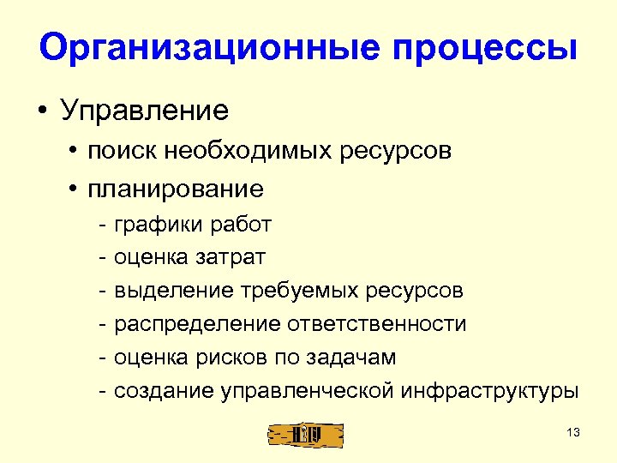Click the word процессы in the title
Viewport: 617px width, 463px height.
click(x=484, y=49)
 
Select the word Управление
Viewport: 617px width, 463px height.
click(x=143, y=111)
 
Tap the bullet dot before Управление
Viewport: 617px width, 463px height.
click(x=42, y=111)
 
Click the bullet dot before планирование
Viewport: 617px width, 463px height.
click(x=88, y=188)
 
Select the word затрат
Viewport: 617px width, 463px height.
click(x=236, y=258)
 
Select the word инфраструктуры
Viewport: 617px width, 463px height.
click(x=488, y=392)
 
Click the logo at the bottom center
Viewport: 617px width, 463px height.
click(x=306, y=434)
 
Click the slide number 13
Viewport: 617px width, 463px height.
click(x=573, y=433)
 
